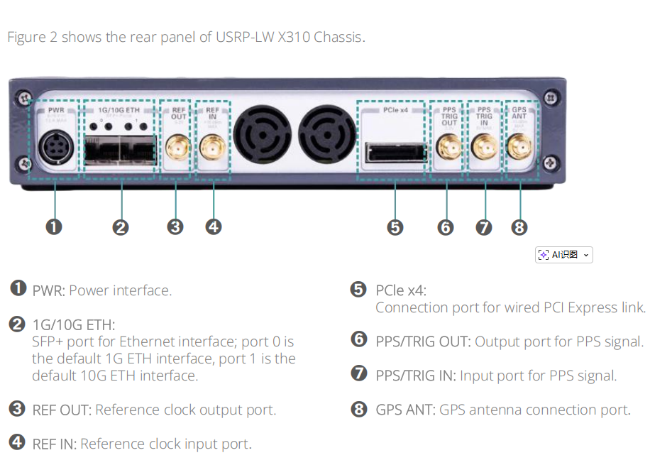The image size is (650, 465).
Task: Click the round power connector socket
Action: [x=55, y=150]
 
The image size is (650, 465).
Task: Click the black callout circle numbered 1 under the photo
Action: [x=54, y=226]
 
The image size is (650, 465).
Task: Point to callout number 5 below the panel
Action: [x=395, y=227]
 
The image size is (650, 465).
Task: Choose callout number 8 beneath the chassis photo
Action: [x=519, y=227]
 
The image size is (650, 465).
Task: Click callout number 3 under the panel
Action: [x=175, y=227]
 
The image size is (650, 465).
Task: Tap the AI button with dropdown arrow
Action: [x=563, y=255]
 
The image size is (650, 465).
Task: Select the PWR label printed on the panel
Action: [x=55, y=111]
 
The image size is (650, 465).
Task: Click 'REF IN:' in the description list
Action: [x=54, y=444]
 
